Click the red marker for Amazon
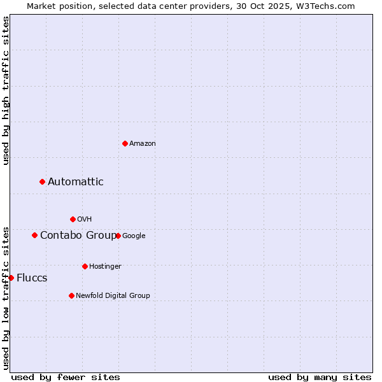click(125, 143)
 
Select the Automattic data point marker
click(43, 182)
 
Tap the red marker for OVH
click(73, 219)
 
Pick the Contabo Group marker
click(35, 235)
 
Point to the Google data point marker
click(118, 236)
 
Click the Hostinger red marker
click(85, 266)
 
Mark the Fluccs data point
click(11, 278)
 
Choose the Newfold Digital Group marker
click(71, 295)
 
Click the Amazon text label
click(143, 144)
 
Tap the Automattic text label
click(76, 182)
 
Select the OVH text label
click(85, 220)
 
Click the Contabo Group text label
click(78, 236)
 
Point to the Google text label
click(134, 236)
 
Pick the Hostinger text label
click(105, 267)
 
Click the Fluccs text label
click(32, 278)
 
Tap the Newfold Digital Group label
click(113, 296)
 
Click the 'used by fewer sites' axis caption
click(66, 377)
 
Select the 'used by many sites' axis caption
click(320, 377)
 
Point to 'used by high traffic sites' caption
click(6, 90)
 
